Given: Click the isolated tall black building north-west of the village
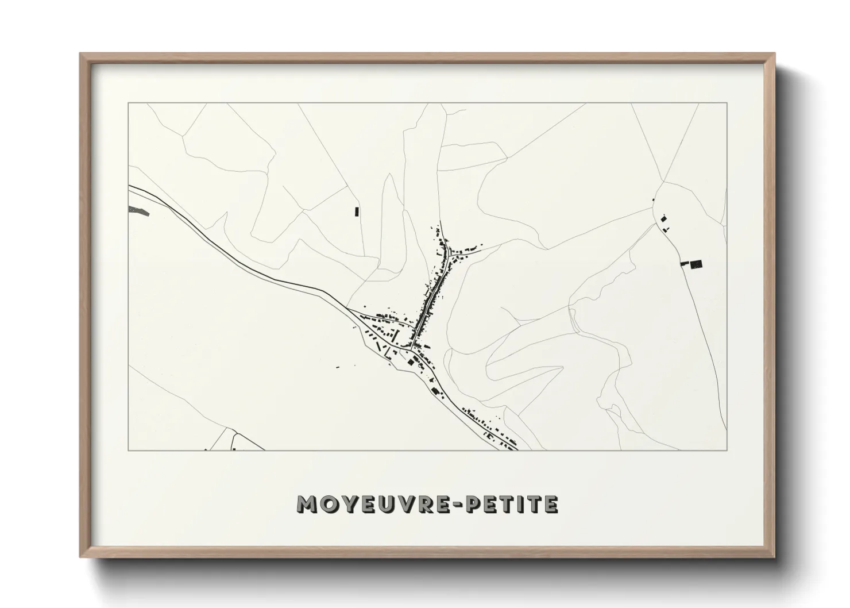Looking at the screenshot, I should pos(356,211).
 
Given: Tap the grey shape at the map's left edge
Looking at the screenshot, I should pos(140,211).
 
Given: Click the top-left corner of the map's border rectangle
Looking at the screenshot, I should pos(128,103).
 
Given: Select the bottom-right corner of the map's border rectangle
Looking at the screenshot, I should pos(727,450).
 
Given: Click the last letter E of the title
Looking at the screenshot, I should pos(550,504).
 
